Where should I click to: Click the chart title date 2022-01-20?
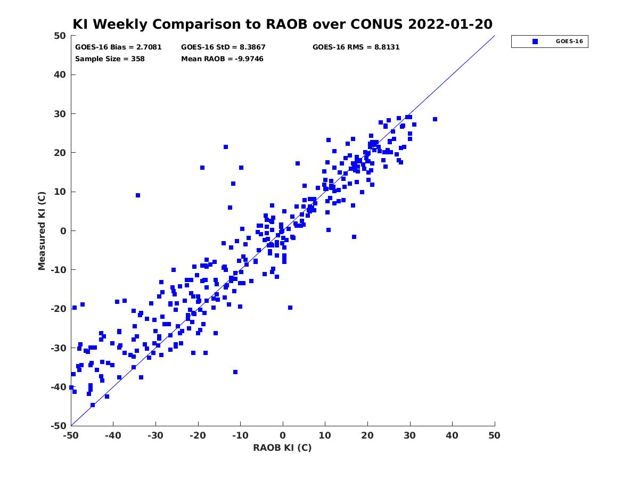pyautogui.click(x=450, y=24)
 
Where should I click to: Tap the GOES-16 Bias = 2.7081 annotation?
pyautogui.click(x=118, y=47)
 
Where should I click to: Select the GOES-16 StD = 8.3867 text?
pyautogui.click(x=223, y=47)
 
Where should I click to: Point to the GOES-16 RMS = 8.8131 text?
pyautogui.click(x=356, y=47)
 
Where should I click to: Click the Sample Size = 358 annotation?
pyautogui.click(x=110, y=59)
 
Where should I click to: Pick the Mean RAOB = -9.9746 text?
pyautogui.click(x=222, y=59)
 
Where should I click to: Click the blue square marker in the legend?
pyautogui.click(x=535, y=42)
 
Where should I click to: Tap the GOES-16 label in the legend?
pyautogui.click(x=569, y=42)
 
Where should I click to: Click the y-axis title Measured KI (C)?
pyautogui.click(x=42, y=230)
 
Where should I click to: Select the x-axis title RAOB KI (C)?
pyautogui.click(x=282, y=448)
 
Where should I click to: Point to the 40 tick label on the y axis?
pyautogui.click(x=60, y=75)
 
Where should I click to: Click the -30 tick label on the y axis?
pyautogui.click(x=59, y=348)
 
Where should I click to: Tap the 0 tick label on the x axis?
pyautogui.click(x=283, y=435)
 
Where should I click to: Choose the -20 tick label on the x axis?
pyautogui.click(x=198, y=435)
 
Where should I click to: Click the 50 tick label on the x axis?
pyautogui.click(x=494, y=435)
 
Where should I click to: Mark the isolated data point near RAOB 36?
pyautogui.click(x=435, y=119)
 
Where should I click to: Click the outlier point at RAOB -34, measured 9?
pyautogui.click(x=138, y=195)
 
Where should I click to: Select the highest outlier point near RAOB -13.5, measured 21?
pyautogui.click(x=226, y=147)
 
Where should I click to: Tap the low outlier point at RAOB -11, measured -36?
pyautogui.click(x=235, y=372)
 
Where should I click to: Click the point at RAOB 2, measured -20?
pyautogui.click(x=290, y=308)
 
